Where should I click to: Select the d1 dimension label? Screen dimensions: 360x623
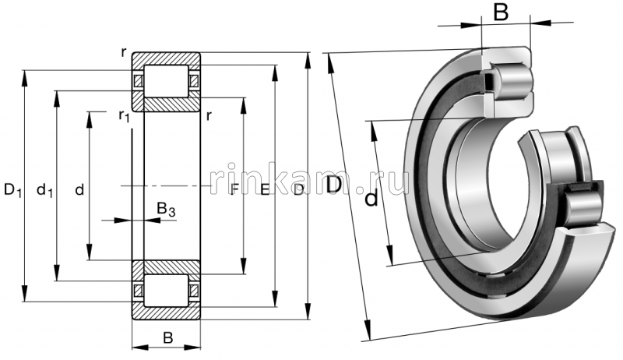point(45,189)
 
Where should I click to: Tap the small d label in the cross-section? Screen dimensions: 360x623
point(79,189)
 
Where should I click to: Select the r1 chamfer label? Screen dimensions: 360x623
point(123,116)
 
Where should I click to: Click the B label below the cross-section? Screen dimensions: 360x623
point(166,337)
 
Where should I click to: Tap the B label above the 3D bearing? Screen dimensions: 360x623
point(502,12)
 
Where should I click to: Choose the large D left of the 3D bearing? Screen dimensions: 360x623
point(334,185)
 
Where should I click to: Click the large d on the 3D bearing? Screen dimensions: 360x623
point(372,199)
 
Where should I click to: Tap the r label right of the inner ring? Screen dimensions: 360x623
point(209,116)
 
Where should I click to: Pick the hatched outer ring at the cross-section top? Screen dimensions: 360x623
point(166,59)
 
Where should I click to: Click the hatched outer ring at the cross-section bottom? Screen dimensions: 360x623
point(166,311)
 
